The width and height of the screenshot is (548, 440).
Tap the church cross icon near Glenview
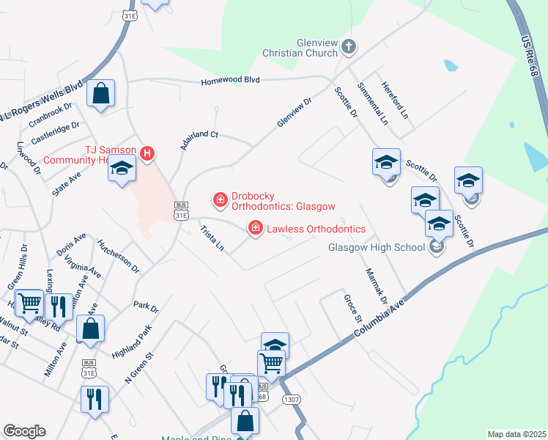[x=349, y=46]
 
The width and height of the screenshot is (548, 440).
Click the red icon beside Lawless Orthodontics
[x=256, y=229]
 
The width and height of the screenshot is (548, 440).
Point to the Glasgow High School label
[x=376, y=247]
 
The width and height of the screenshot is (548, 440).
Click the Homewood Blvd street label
[x=232, y=80]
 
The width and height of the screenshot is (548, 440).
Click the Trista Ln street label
[x=212, y=239]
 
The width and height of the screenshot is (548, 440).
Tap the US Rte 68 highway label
[x=534, y=59]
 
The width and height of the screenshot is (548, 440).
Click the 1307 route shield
[x=291, y=400]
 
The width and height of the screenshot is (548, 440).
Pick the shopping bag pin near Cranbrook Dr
[x=101, y=94]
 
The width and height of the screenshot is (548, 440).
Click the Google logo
[x=25, y=431]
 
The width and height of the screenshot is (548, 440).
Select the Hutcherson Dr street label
[x=118, y=257]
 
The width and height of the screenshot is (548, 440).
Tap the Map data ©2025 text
[x=516, y=434]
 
